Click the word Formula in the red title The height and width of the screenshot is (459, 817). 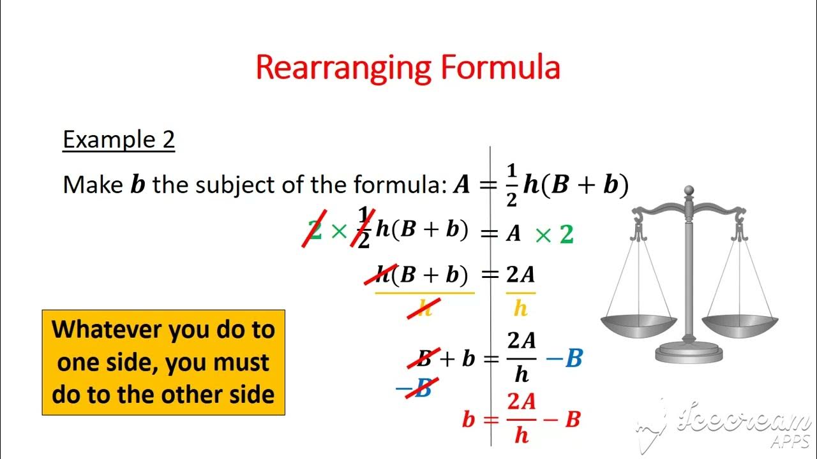[x=500, y=68]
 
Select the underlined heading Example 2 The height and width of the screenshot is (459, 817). [x=118, y=140]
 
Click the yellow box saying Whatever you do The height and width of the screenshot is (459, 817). [x=163, y=362]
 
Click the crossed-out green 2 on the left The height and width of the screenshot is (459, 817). [x=314, y=231]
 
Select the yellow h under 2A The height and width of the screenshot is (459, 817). [x=521, y=309]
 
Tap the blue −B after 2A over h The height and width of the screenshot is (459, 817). [x=564, y=359]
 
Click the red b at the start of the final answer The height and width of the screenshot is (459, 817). [x=468, y=420]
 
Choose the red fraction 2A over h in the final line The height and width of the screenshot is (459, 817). [x=521, y=418]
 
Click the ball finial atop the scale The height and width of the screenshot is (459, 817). [x=689, y=191]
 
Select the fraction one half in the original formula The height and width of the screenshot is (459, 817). [x=511, y=186]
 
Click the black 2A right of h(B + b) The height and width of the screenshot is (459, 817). [x=521, y=275]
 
